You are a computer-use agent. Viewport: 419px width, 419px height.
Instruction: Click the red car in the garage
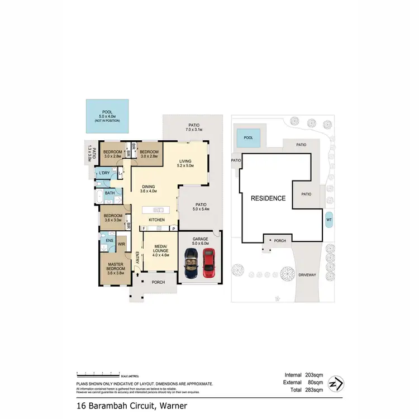(208, 263)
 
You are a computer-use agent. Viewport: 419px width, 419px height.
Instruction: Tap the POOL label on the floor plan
(107, 112)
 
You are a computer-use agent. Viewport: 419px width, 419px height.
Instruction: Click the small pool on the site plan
(249, 137)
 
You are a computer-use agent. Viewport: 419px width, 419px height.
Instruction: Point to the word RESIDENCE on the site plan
(268, 198)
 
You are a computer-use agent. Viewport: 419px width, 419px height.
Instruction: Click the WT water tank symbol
(328, 220)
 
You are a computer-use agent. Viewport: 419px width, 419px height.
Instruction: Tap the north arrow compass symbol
(336, 384)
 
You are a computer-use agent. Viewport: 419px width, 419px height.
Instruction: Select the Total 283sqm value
(305, 391)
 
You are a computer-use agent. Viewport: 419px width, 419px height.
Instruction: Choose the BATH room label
(110, 193)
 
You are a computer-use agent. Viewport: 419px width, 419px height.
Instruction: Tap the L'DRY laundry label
(103, 174)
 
